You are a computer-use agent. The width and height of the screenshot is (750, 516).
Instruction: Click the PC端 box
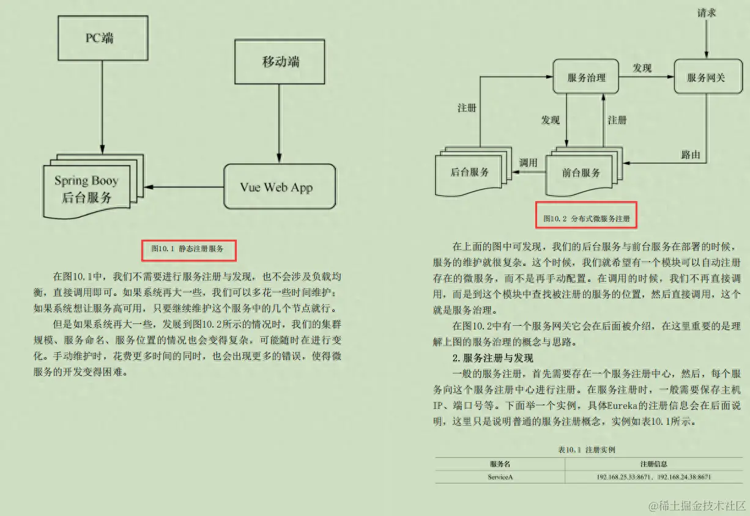(102, 37)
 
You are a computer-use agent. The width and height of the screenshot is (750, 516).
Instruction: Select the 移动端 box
(280, 62)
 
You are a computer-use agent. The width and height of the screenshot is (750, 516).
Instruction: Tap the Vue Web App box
(280, 186)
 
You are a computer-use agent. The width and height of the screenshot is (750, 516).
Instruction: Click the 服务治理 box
(586, 77)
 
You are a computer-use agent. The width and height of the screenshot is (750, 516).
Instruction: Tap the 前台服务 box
(581, 173)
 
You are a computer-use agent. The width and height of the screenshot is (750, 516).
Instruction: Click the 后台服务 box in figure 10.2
(469, 172)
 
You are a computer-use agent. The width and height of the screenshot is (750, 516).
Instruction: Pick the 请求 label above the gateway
(707, 12)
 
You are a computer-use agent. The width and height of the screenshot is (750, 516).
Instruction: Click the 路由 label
(690, 154)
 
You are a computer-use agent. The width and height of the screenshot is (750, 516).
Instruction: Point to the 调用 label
(528, 163)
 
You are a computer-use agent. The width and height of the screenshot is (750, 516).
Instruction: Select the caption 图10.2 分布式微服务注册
(587, 218)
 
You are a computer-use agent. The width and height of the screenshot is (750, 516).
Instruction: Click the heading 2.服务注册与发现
(492, 358)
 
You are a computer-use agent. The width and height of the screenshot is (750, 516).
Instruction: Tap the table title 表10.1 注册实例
(586, 449)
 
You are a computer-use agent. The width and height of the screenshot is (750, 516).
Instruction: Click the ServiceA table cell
(500, 476)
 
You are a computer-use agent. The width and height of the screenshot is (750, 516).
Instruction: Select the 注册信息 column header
(653, 464)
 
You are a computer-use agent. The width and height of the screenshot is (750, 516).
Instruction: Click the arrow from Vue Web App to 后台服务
(184, 186)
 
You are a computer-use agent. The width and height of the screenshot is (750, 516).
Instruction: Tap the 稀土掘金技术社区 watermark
(697, 505)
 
